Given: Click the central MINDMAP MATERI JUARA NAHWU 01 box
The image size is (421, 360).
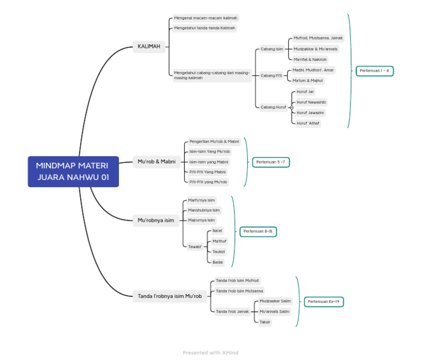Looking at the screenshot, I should [x=73, y=171].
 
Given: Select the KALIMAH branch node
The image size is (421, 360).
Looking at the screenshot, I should [x=149, y=47].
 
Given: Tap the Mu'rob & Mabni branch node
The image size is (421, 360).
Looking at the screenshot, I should [x=157, y=161].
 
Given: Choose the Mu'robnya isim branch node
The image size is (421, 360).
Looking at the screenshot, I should [x=156, y=221].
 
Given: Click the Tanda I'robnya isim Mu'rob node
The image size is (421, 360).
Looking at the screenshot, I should [x=170, y=296].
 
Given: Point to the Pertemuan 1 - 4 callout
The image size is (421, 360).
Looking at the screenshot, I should [x=374, y=71].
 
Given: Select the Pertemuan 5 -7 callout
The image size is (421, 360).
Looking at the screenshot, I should [x=271, y=162].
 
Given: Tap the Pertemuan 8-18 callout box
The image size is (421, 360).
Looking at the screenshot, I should [x=258, y=232].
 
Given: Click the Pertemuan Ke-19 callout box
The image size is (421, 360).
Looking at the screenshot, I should [x=324, y=302].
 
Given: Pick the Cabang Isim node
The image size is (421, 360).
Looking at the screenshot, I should [x=272, y=49].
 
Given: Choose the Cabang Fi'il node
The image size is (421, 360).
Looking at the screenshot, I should [x=272, y=75].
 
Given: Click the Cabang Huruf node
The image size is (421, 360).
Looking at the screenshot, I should [x=273, y=107].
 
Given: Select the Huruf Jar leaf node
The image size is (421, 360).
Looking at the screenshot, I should [x=305, y=92].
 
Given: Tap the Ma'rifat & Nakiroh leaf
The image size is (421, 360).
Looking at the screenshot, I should [x=310, y=59].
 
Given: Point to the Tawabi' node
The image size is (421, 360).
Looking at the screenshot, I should [x=195, y=247].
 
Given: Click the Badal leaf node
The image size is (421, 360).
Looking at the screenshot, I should [x=218, y=262].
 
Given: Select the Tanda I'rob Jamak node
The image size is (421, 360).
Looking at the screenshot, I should [x=232, y=312].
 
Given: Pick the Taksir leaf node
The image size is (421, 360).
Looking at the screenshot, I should [x=265, y=322].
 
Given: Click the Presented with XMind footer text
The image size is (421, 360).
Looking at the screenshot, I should [x=210, y=353].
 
